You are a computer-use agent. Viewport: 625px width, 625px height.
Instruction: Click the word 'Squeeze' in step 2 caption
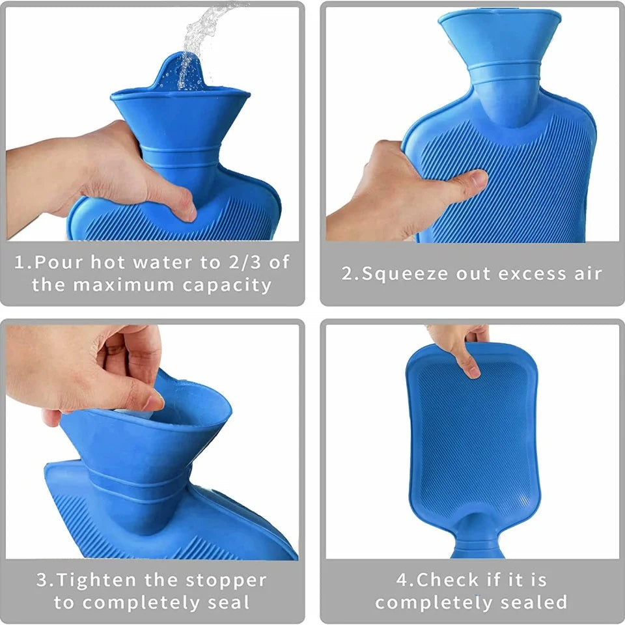tap(398, 273)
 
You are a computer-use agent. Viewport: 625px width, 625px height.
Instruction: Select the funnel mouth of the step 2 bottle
tap(499, 26)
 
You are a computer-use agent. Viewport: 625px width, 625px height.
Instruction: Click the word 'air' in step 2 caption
tap(586, 273)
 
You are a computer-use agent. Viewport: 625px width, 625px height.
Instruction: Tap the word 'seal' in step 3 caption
tap(229, 602)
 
